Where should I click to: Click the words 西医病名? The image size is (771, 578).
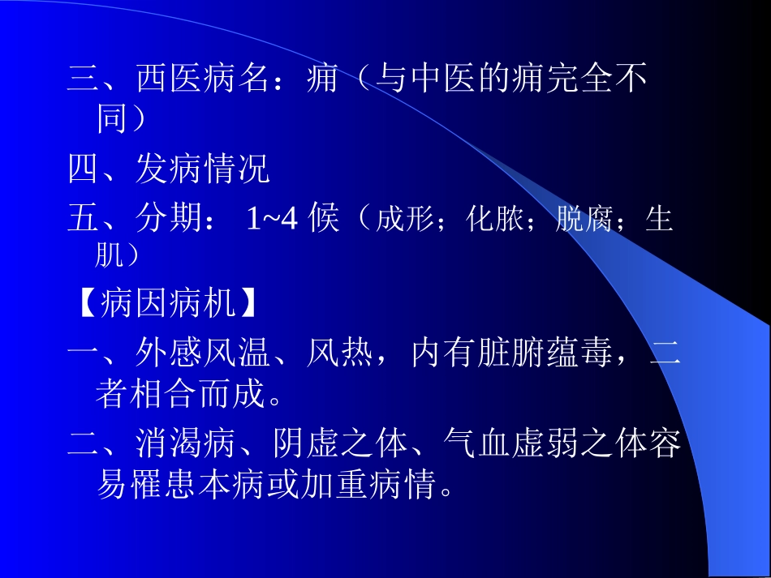click(x=186, y=79)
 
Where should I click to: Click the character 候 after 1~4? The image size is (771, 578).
click(x=325, y=220)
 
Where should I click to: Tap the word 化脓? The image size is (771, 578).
click(x=494, y=220)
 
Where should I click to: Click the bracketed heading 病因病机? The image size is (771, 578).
click(x=169, y=305)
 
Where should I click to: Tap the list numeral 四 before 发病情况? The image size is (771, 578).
click(x=83, y=171)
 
